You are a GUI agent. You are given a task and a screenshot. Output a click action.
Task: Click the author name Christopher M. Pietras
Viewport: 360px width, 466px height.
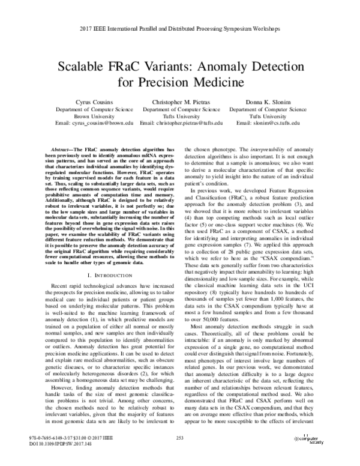click(181, 103)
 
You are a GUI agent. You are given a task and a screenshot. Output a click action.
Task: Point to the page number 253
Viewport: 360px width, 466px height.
click(179, 454)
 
